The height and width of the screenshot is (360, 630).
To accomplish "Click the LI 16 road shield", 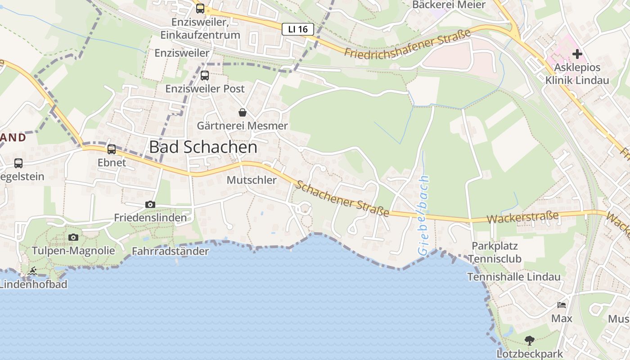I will pos(297,29).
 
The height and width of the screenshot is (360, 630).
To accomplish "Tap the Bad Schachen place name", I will pos(203,147).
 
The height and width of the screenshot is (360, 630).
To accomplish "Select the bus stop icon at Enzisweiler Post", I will pos(205,76).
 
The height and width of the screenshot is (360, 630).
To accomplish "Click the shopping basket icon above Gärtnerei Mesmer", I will pos(243,112).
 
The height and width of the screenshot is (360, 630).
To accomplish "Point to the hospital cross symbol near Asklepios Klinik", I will pos(577,54).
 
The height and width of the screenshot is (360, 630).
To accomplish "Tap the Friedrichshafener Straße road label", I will pos(407,43).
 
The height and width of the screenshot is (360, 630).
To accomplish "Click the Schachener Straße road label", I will pos(342,198).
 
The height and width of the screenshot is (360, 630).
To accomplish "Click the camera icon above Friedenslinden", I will pos(150,205).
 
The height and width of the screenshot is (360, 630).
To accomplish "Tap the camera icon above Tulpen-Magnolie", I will pos(73,237).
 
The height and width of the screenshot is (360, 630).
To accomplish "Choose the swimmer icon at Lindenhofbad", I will pos(32,271).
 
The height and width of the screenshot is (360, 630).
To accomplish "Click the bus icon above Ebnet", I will pos(112,149).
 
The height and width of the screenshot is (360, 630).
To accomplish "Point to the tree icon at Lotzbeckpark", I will pos(530,341).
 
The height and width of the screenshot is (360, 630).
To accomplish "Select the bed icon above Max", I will pos(562,305).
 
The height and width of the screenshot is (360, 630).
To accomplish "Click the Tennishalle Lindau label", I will pos(514,277).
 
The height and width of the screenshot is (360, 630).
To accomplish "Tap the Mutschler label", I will pos(252,180).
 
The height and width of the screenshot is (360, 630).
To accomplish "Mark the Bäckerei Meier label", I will pos(449,5).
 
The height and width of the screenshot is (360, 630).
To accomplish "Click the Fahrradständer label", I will pos(170,251).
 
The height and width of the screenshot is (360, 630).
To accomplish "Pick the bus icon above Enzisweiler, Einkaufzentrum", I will pos(200,9).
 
